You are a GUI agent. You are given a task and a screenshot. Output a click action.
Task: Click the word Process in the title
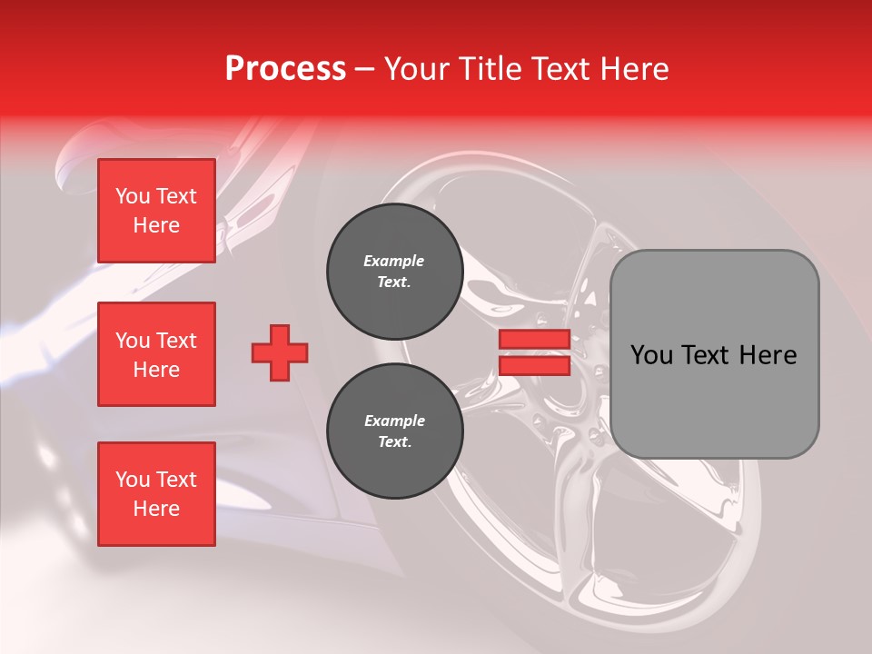tap(285, 69)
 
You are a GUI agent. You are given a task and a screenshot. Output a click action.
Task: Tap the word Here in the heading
tap(632, 69)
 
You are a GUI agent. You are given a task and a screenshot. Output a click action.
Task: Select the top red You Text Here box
tap(156, 211)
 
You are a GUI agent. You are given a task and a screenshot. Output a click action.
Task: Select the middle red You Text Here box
tap(156, 354)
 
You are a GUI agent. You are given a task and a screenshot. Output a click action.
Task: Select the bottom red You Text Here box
tap(156, 494)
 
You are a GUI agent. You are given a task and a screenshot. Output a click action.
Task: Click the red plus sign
tap(280, 353)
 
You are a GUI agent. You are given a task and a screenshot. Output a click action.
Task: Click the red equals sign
tap(534, 352)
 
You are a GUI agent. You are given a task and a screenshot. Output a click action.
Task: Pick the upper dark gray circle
tap(394, 272)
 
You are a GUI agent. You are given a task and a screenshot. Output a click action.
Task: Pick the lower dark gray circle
tap(394, 431)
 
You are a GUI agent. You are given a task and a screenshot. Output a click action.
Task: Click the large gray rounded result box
tap(714, 354)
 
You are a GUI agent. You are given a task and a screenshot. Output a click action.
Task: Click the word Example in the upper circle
tap(394, 262)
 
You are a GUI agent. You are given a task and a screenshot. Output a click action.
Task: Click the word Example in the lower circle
tap(394, 421)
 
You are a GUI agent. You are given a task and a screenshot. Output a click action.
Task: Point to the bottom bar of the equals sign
tap(534, 365)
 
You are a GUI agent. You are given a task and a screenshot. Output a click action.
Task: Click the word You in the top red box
tap(133, 196)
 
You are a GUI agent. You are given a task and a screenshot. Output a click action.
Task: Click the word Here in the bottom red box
tap(156, 509)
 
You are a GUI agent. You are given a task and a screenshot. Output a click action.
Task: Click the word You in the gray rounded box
tap(650, 355)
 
